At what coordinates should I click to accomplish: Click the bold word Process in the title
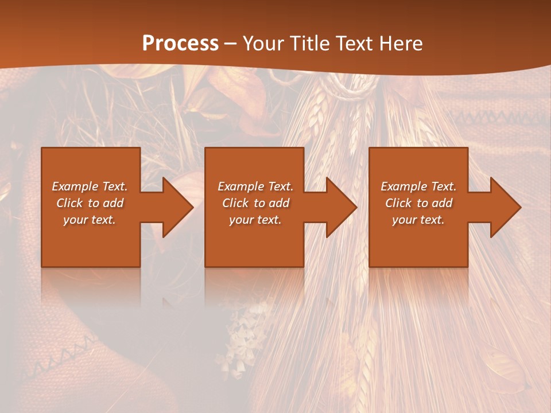(x=180, y=44)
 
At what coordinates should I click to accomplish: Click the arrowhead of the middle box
(x=341, y=207)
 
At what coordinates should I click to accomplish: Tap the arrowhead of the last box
(x=505, y=207)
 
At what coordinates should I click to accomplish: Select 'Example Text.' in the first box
(x=90, y=186)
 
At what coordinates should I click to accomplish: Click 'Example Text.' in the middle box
(x=255, y=186)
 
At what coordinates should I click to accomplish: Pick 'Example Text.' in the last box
(x=418, y=186)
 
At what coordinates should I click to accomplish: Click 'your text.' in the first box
(x=90, y=220)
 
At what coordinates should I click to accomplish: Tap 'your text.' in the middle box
(x=255, y=220)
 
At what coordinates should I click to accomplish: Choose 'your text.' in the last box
(x=418, y=220)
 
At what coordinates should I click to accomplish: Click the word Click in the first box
(x=70, y=203)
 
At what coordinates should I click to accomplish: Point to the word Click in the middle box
(x=236, y=203)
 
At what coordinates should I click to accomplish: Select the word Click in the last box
(x=399, y=203)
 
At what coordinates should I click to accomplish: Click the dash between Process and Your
(x=231, y=44)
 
